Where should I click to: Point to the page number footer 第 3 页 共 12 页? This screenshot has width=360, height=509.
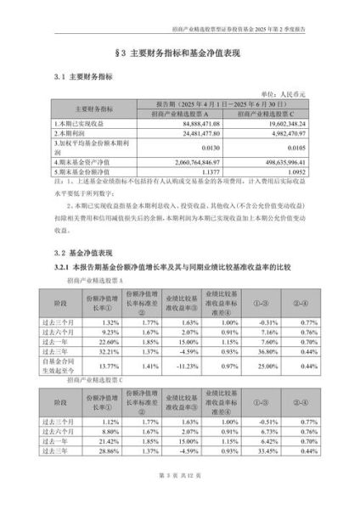click(x=179, y=489)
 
